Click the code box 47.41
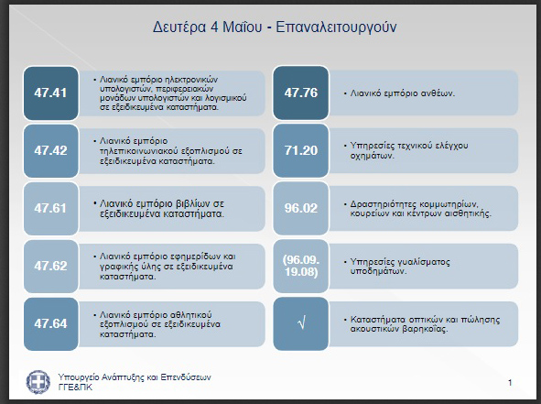51,93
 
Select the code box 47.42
51,150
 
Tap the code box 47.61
51,208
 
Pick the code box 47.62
51,266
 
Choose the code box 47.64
51,324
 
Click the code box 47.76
301,93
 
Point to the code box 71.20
301,150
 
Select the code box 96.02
301,208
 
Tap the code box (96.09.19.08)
301,266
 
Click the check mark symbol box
301,323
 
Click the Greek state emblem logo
38,382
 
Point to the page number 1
510,382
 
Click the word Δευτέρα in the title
179,27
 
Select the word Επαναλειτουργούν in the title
336,27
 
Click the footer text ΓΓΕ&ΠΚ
76,388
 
